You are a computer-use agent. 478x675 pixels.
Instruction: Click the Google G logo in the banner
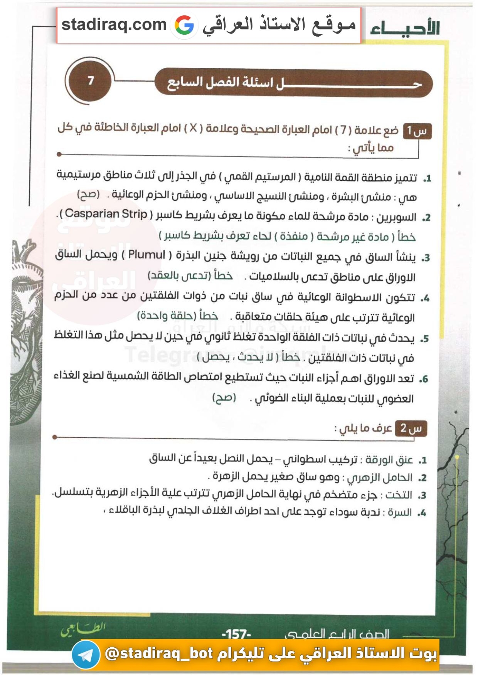(184, 25)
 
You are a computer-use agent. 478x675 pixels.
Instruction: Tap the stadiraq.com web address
(114, 25)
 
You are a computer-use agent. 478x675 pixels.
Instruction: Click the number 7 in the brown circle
(91, 81)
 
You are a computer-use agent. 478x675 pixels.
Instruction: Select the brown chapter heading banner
(293, 82)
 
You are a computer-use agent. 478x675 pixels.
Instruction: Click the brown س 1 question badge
(417, 131)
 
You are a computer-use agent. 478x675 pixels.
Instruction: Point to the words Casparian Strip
(106, 213)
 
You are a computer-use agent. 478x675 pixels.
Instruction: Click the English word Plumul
(146, 255)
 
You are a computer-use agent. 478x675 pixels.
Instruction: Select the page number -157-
(236, 634)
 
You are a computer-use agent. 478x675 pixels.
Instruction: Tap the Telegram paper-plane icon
(86, 654)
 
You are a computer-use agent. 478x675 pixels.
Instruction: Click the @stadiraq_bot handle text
(159, 653)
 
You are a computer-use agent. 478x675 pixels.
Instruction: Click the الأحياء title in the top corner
(405, 28)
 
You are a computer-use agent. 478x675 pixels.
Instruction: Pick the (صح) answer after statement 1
(88, 194)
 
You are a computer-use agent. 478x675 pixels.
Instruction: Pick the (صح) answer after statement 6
(224, 397)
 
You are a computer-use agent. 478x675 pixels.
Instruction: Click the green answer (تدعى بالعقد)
(190, 275)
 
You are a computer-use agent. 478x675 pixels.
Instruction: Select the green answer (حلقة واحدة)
(178, 316)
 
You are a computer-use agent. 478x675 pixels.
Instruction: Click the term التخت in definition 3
(399, 495)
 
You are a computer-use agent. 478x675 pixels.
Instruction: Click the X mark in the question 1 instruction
(193, 128)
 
